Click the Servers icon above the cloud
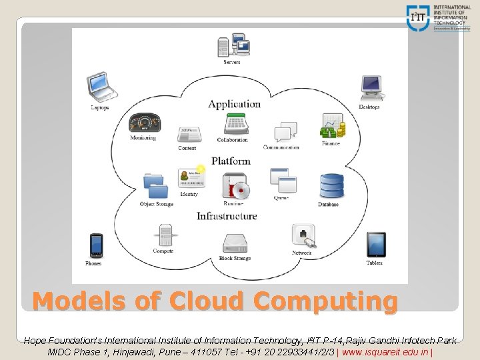point(233,45)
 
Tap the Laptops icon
point(101,87)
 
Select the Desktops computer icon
point(371,87)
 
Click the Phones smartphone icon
point(96,245)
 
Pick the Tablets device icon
point(375,244)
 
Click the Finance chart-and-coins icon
point(331,125)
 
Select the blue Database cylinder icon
point(330,185)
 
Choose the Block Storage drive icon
point(235,243)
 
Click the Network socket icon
point(303,235)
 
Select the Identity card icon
point(190,177)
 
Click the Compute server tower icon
point(164,235)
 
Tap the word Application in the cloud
point(234,104)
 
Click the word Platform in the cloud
point(231,161)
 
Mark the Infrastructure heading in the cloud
point(227,216)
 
